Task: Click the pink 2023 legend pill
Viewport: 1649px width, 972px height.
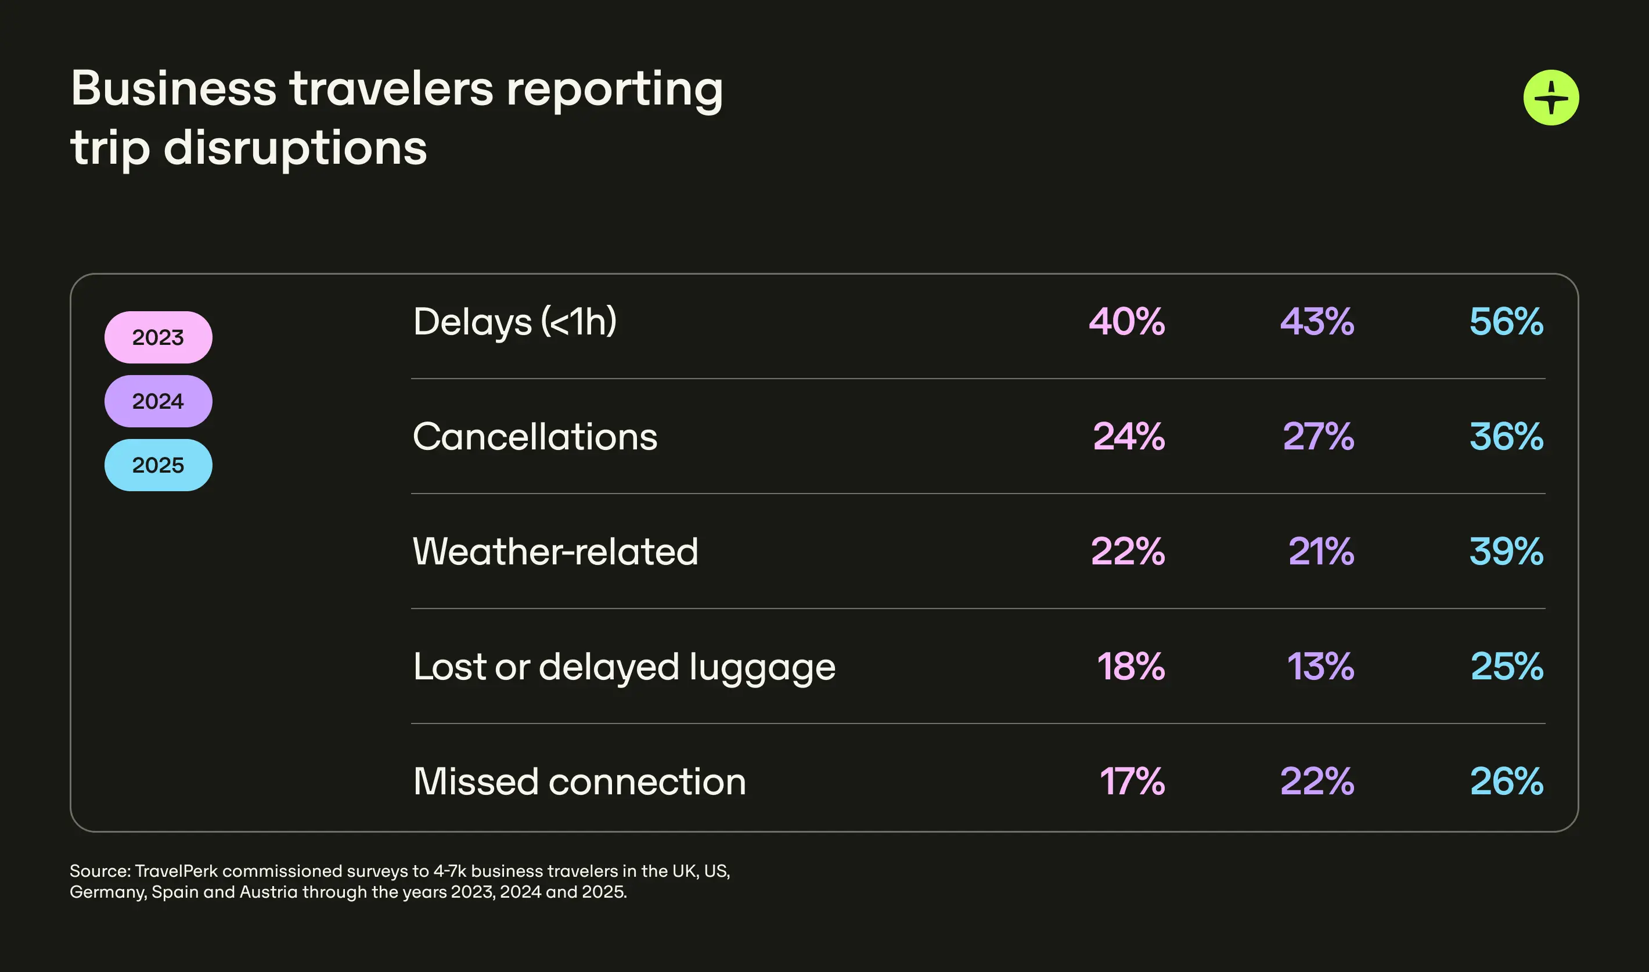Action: click(158, 337)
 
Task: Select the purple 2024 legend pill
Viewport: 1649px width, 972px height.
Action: click(158, 401)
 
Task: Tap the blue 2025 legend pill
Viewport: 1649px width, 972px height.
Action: click(158, 465)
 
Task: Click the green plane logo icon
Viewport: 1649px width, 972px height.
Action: click(1551, 98)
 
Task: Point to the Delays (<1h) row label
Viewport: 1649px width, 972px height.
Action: click(515, 322)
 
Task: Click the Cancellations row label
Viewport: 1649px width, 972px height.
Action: click(534, 436)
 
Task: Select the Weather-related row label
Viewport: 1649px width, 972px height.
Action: click(555, 552)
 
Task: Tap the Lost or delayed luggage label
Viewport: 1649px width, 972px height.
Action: click(624, 667)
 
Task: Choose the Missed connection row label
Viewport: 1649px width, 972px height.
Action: click(579, 782)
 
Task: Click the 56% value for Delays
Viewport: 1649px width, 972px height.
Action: click(1506, 322)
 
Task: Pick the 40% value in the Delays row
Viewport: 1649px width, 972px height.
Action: click(1126, 322)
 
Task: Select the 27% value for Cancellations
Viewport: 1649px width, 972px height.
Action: click(1317, 436)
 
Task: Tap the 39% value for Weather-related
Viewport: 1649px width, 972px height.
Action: click(1506, 552)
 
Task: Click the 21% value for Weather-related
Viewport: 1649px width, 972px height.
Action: click(1320, 552)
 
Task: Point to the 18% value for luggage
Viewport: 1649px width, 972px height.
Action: click(1130, 667)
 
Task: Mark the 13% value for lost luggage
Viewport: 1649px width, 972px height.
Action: click(1320, 667)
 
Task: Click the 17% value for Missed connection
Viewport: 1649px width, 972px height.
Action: click(1132, 782)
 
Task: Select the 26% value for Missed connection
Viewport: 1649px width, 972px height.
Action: click(1506, 782)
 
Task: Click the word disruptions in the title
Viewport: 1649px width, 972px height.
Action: click(295, 149)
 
